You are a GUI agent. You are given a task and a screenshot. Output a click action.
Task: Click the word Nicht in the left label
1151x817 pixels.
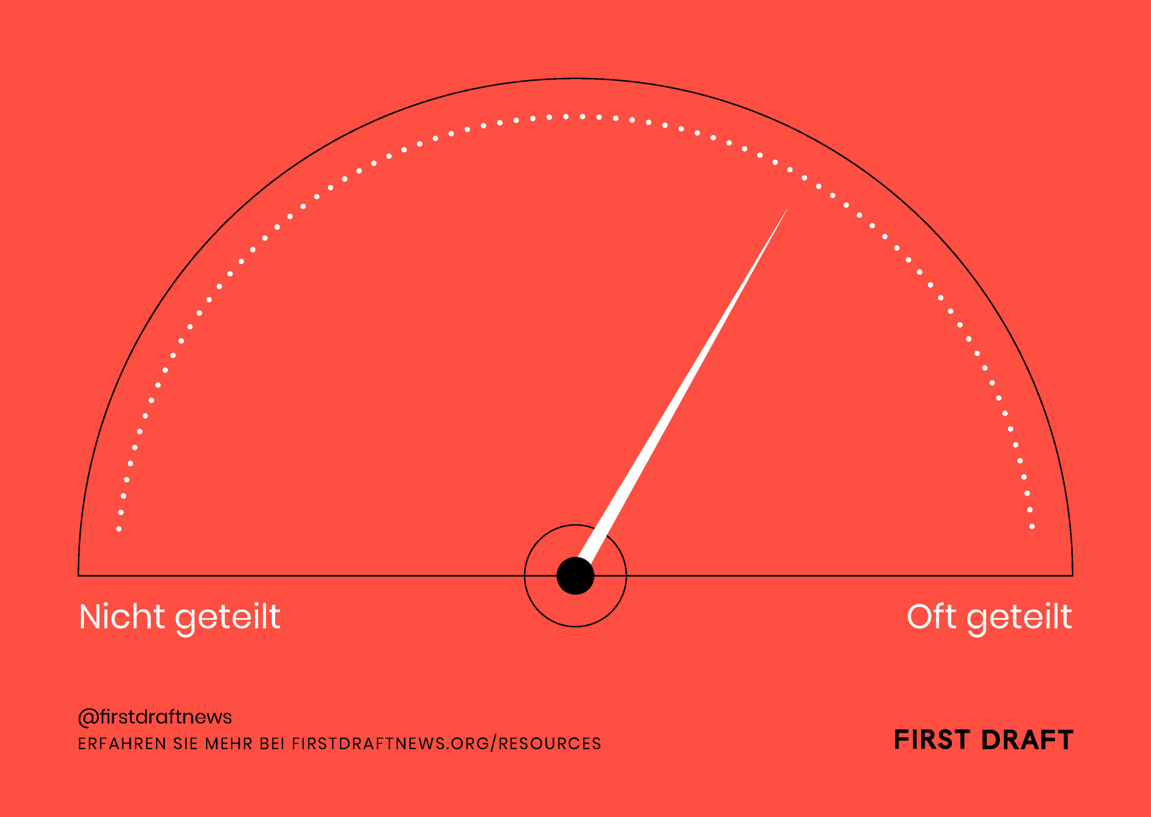(122, 617)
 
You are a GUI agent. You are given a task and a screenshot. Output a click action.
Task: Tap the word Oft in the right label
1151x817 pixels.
(931, 616)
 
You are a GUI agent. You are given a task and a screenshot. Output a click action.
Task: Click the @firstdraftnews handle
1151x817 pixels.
(155, 717)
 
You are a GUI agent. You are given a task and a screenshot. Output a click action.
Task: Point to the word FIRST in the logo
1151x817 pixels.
(932, 740)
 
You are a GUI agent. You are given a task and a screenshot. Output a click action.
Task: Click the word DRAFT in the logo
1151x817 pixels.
(1027, 740)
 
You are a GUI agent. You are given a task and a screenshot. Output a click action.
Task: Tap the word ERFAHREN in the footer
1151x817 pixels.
(122, 744)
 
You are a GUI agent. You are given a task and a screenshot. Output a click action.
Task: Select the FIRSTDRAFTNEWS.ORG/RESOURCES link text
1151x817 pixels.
(446, 744)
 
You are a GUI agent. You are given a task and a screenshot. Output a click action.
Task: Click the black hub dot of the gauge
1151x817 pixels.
(575, 575)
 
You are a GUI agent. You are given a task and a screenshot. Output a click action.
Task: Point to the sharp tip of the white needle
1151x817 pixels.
(787, 209)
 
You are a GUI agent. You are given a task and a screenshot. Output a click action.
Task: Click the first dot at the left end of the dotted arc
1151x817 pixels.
(119, 529)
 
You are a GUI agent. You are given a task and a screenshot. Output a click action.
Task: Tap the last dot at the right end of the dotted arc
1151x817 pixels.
(1032, 527)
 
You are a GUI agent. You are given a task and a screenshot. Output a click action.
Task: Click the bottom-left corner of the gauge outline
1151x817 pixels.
(78, 575)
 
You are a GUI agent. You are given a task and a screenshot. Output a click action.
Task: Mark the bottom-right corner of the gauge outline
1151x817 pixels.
(1073, 575)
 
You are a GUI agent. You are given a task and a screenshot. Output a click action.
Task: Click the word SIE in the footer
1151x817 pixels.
(186, 744)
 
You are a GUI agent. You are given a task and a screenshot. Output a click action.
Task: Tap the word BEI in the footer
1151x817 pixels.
(272, 744)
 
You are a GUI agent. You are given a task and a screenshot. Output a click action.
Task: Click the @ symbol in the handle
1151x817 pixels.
(89, 718)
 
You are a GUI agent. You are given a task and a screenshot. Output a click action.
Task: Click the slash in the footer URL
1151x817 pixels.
(494, 744)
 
